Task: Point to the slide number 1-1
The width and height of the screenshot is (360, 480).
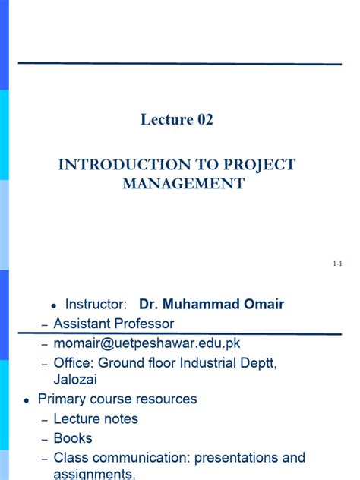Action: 338,264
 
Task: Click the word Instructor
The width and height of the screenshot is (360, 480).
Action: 95,305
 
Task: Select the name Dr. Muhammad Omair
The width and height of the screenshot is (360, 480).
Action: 211,305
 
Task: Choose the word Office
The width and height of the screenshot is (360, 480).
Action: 73,363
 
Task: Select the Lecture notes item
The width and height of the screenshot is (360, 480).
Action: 96,418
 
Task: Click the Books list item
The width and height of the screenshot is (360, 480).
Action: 73,438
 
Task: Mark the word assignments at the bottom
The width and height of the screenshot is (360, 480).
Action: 94,475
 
